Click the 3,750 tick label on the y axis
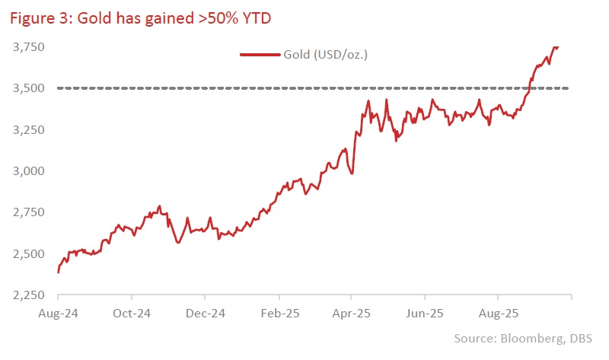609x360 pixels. coord(27,47)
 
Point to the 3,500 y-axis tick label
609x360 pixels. coord(27,88)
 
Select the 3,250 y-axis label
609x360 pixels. coord(27,129)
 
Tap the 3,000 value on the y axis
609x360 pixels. coord(27,171)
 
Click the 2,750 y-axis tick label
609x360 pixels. coord(27,212)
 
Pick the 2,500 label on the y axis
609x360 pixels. coord(27,253)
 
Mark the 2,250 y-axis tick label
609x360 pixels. coord(27,295)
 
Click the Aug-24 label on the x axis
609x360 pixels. coord(59,312)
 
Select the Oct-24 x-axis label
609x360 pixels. coord(132,312)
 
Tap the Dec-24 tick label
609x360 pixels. coord(206,312)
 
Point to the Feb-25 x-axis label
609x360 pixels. coord(279,312)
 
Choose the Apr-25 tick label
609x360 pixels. coord(351,312)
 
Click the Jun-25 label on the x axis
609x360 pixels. coord(425,312)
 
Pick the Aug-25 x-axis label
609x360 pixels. coord(498,312)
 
